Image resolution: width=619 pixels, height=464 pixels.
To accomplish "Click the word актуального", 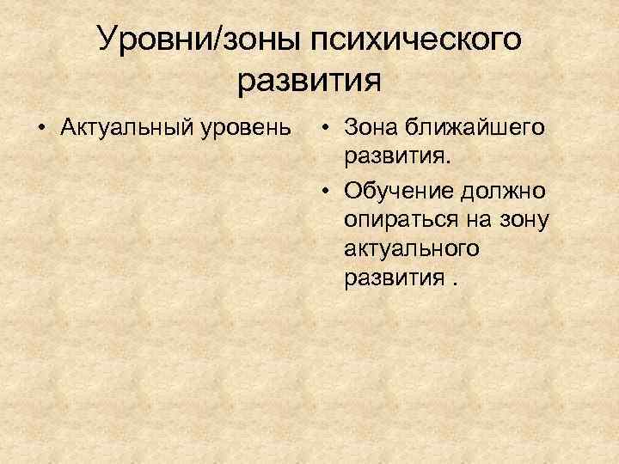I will [411, 249].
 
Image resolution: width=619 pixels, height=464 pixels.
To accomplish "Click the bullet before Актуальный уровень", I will [40, 129].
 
